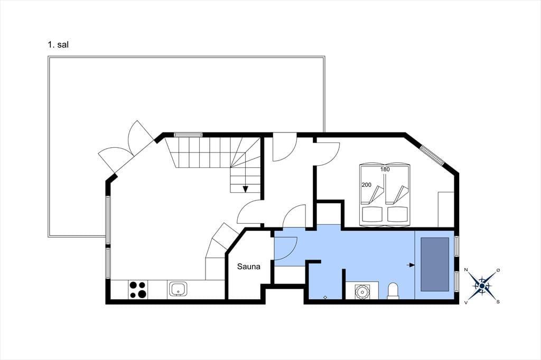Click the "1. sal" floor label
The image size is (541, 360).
click(x=58, y=44)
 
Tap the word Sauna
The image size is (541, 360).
click(x=249, y=267)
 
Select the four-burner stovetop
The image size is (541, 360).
click(x=137, y=290)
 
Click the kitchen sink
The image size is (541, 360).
click(x=178, y=289)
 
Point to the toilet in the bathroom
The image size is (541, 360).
click(x=393, y=291)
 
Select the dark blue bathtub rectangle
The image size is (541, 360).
click(x=435, y=264)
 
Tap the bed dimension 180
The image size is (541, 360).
click(x=385, y=169)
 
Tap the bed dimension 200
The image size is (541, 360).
click(x=367, y=185)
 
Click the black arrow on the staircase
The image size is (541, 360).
click(x=245, y=188)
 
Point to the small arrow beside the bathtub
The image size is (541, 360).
click(x=411, y=265)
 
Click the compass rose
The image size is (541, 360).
click(x=482, y=286)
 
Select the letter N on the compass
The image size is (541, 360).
click(x=466, y=270)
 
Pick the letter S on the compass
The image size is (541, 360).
click(x=498, y=302)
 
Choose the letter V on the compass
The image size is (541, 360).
click(x=466, y=302)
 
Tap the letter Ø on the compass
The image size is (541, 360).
click(x=498, y=270)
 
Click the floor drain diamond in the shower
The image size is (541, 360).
click(x=325, y=297)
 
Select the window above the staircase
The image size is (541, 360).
click(x=188, y=135)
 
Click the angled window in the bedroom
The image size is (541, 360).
click(x=432, y=154)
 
